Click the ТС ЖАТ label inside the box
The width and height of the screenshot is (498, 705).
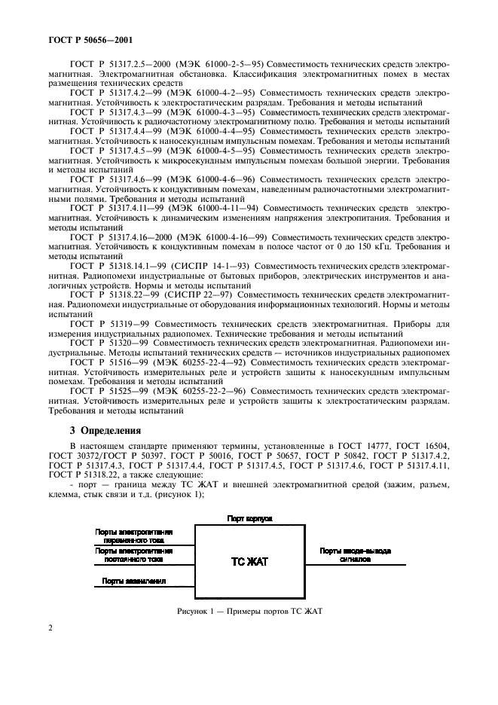pyautogui.click(x=249, y=561)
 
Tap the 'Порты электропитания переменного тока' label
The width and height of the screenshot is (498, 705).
pyautogui.click(x=134, y=536)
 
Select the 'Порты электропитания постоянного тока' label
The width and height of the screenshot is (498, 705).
pyautogui.click(x=134, y=555)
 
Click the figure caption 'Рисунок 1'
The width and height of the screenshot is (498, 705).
pyautogui.click(x=249, y=610)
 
